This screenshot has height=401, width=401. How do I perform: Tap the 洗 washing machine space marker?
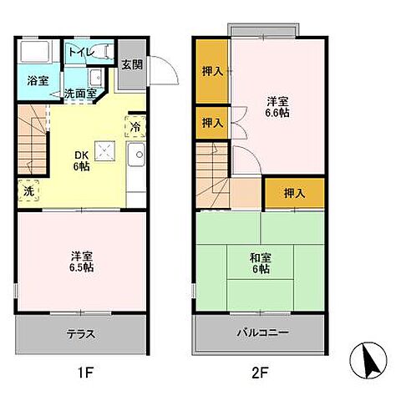tap(28, 190)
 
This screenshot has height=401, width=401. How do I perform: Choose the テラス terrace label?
tap(79, 335)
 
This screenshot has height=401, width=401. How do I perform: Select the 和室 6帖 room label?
tap(260, 263)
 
